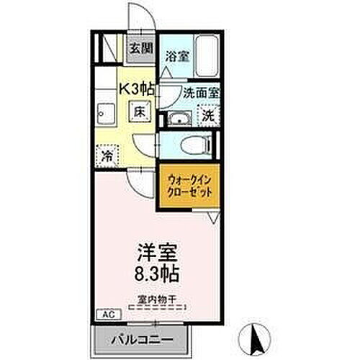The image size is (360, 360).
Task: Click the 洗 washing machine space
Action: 207,115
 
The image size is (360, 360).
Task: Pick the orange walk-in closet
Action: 189,189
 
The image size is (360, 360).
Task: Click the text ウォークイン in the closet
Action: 189,181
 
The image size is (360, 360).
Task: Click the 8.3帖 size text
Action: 156,274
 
